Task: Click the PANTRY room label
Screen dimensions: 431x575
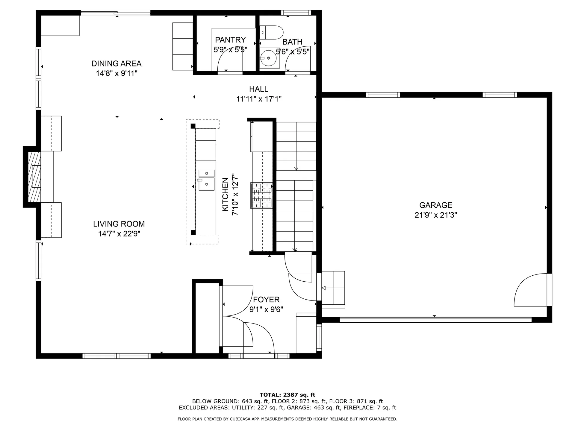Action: (230, 40)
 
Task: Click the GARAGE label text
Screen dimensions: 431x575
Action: (435, 205)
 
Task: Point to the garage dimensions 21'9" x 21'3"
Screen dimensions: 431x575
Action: (435, 215)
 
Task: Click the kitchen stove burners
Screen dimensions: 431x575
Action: (262, 195)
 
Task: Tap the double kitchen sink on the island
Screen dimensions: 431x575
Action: (206, 180)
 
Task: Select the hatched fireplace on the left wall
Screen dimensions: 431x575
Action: (34, 177)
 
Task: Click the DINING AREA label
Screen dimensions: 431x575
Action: (116, 63)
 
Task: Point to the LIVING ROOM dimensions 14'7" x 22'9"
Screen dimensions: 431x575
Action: (119, 234)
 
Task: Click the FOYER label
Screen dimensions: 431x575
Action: (266, 300)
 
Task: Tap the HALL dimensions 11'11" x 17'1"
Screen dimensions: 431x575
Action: (259, 99)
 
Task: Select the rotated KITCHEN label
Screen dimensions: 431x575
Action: (226, 195)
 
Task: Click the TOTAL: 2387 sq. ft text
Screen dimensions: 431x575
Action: (287, 395)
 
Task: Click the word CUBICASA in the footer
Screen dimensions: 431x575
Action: (240, 419)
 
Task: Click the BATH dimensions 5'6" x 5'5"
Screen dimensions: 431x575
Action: (292, 52)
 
